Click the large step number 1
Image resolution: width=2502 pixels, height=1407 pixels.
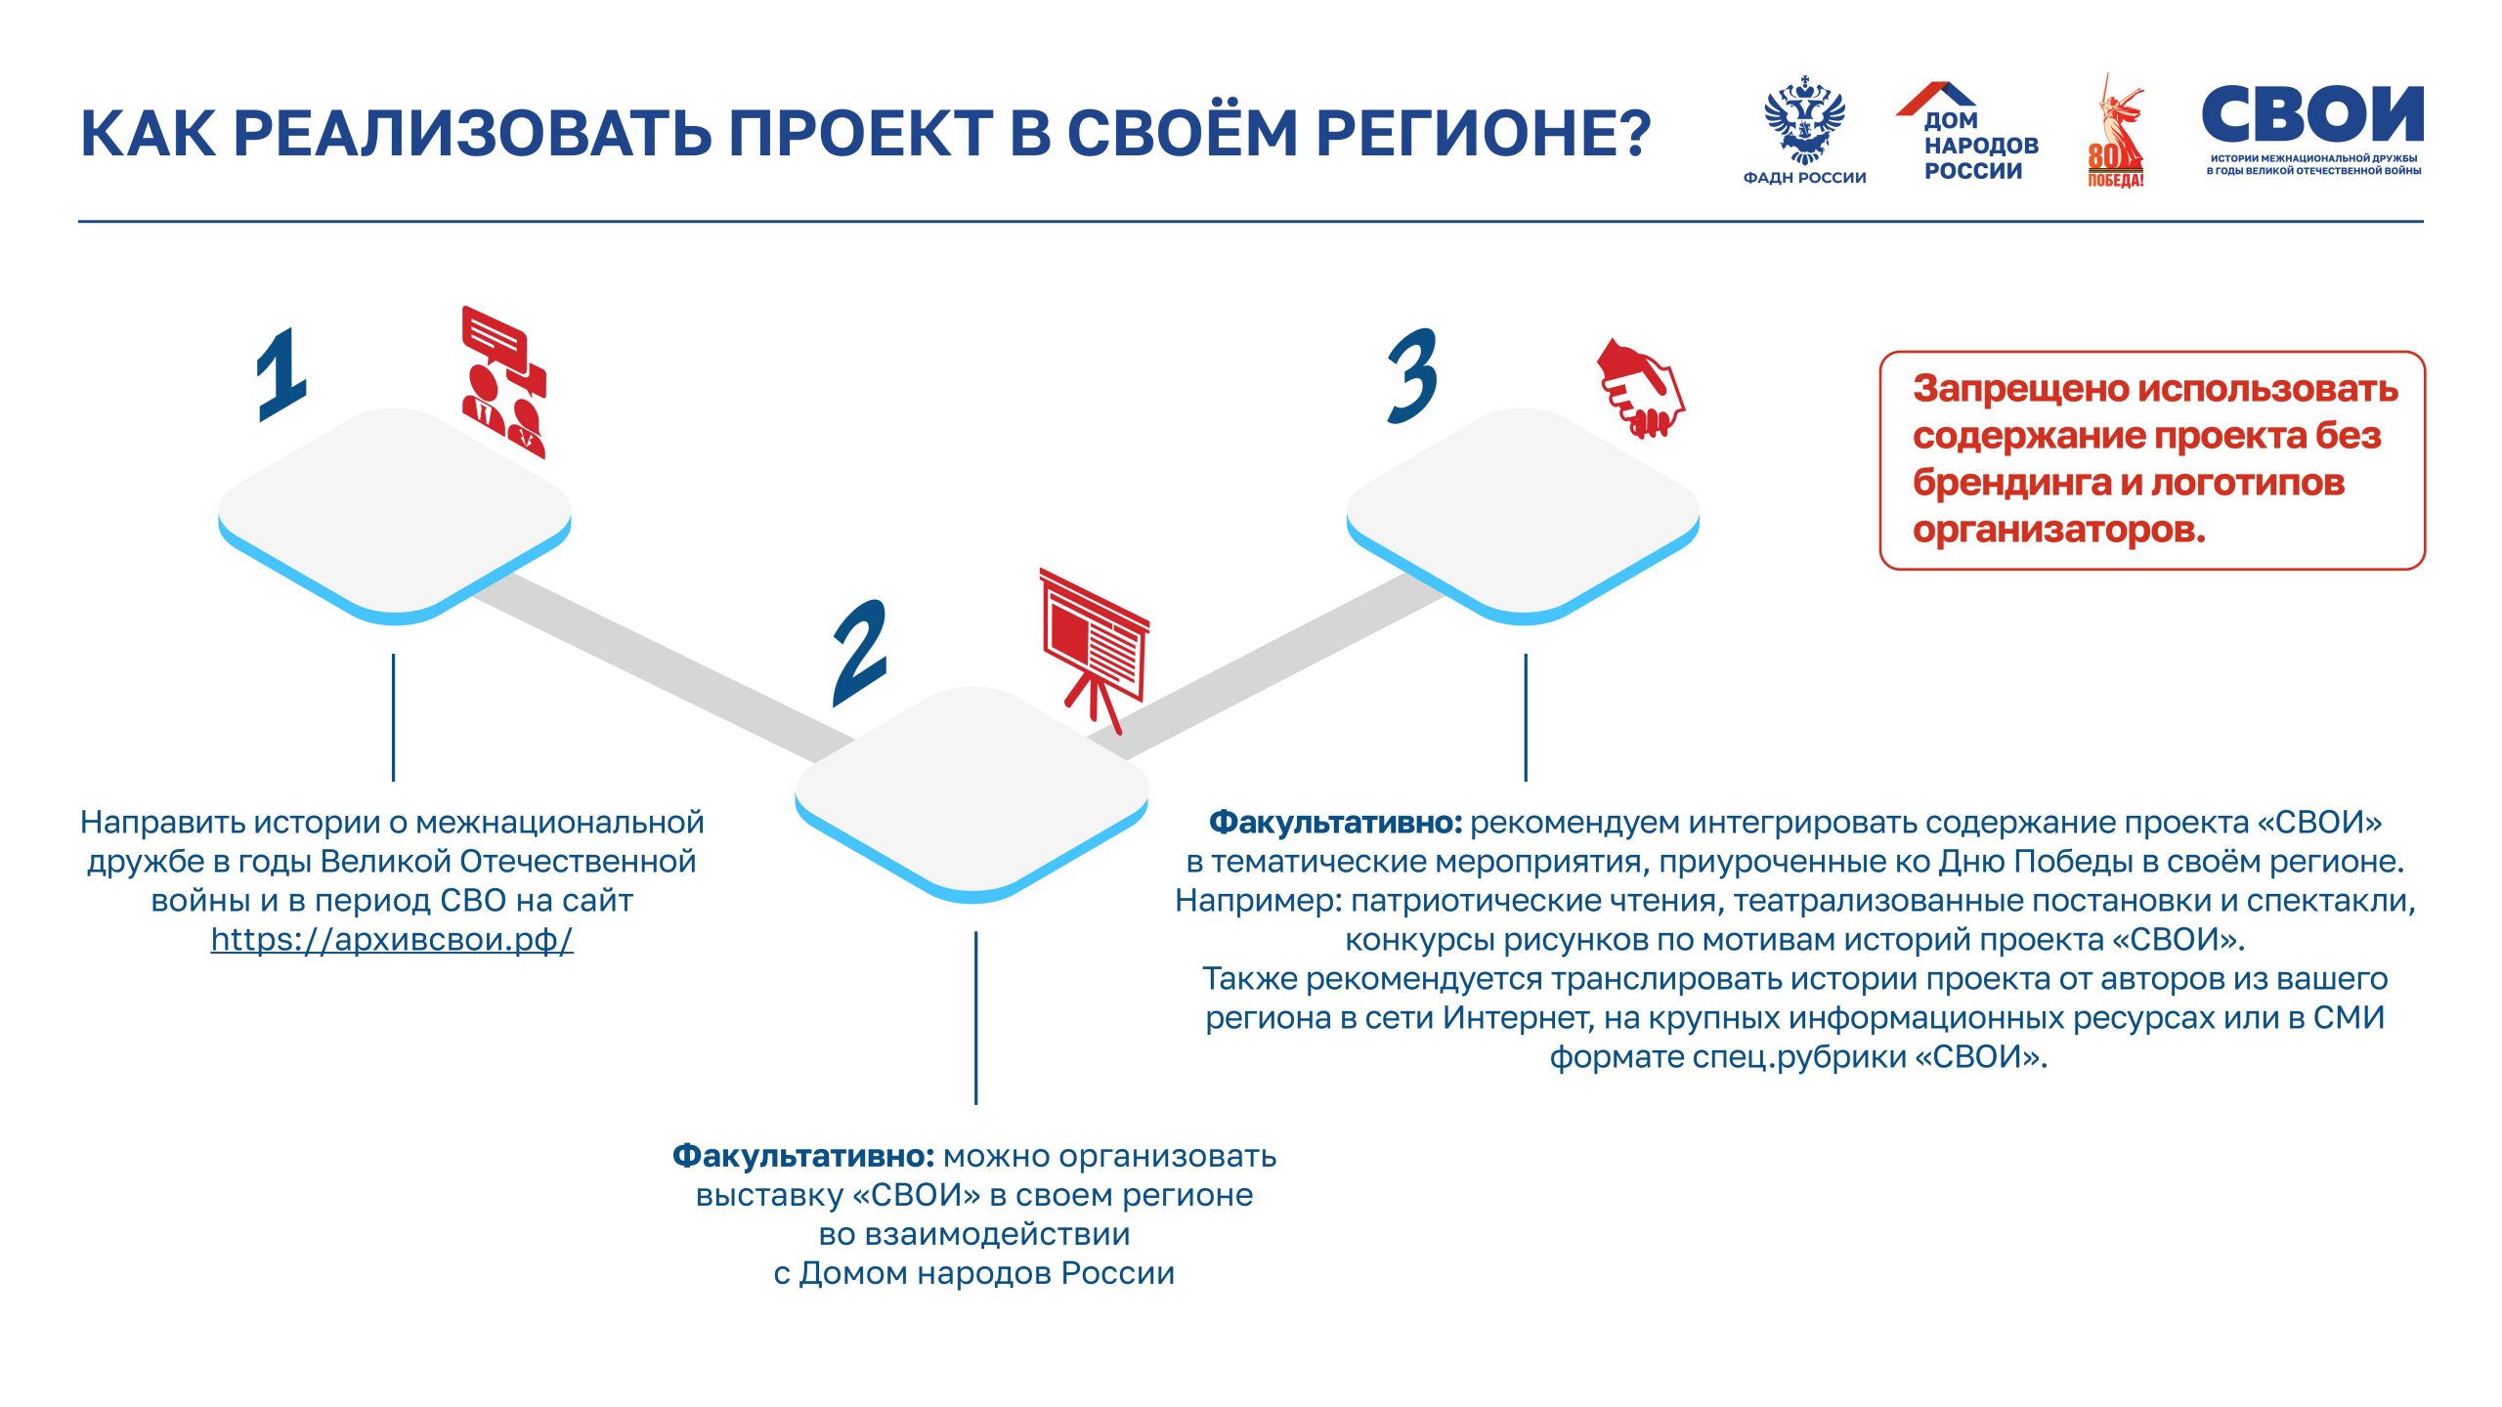tap(281, 375)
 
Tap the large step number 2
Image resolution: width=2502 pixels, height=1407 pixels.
tap(860, 653)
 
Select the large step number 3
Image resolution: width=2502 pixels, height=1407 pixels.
tap(1412, 376)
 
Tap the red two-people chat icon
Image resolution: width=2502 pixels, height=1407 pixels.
tap(504, 382)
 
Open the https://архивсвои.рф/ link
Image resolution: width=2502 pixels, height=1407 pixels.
tap(392, 940)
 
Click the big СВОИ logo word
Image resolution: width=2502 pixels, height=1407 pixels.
tap(2312, 115)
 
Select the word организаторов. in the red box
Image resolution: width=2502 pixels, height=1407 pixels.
tap(2058, 530)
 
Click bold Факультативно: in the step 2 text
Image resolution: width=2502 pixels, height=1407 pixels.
tap(803, 1156)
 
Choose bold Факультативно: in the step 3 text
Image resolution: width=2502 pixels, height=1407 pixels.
tap(1335, 823)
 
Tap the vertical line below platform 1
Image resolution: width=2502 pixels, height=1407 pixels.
tap(393, 717)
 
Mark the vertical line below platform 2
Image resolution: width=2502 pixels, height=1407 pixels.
tap(975, 1017)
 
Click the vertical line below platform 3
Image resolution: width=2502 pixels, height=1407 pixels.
tap(1525, 717)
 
